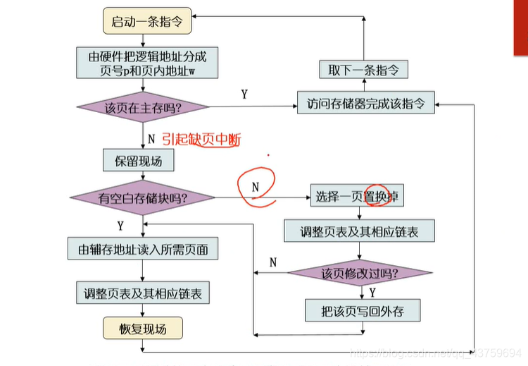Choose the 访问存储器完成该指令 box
pos(365,102)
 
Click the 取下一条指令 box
pos(363,69)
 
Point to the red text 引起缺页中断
pos(201,140)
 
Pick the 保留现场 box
pos(138,161)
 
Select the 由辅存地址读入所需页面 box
pos(142,249)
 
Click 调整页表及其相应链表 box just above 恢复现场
pos(142,293)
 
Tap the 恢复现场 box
pos(142,328)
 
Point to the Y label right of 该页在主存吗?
pos(244,94)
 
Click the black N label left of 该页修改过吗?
pos(272,262)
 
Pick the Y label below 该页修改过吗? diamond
pos(372,291)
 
